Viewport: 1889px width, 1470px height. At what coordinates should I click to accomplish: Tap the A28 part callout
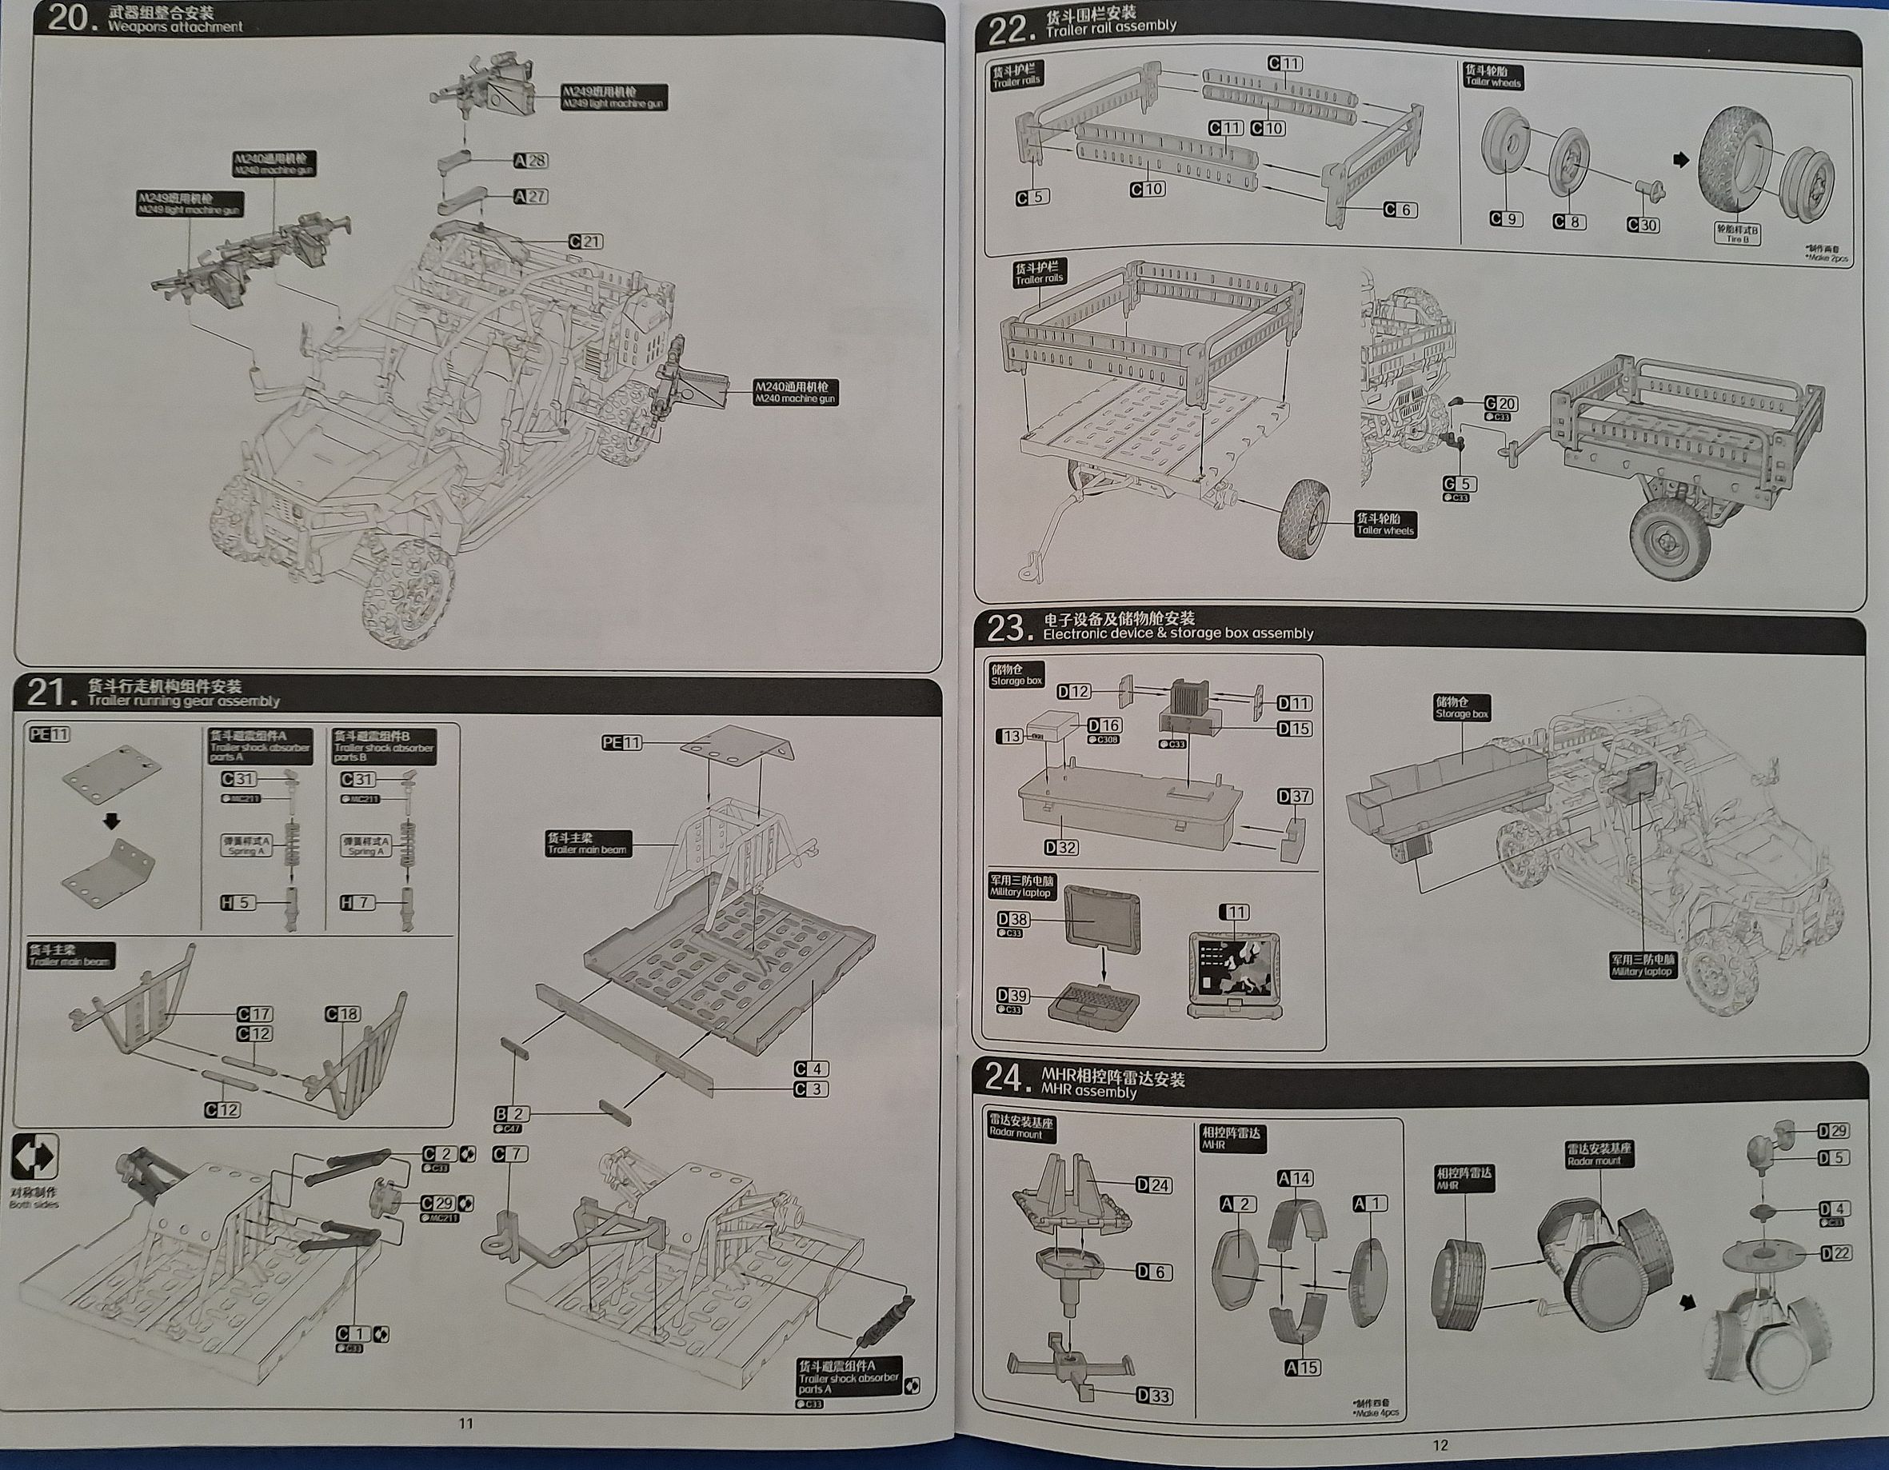click(530, 161)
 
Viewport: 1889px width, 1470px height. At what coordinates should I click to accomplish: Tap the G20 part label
click(1500, 403)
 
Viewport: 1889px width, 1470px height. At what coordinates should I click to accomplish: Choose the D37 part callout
click(1294, 796)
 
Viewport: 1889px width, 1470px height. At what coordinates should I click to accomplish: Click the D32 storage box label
click(1060, 847)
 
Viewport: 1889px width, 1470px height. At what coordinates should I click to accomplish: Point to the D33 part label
click(1154, 1395)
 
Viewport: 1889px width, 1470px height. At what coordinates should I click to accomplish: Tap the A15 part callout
click(1302, 1367)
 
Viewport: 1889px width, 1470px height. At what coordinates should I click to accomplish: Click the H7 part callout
click(357, 902)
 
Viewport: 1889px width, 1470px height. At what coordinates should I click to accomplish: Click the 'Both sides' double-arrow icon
click(34, 1156)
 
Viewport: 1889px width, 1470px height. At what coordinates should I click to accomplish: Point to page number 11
click(465, 1424)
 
